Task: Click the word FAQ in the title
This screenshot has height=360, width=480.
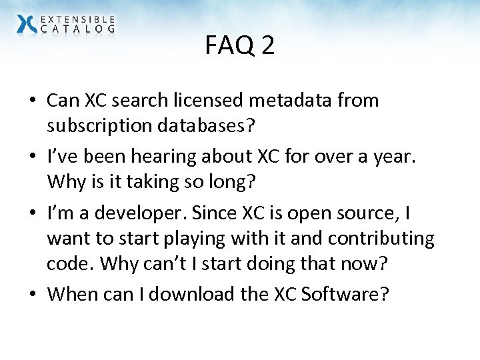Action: (x=226, y=46)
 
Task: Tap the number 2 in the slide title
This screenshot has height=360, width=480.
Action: (x=267, y=46)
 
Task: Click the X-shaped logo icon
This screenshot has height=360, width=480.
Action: (x=27, y=24)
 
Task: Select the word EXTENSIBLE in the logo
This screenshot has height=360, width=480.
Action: (x=77, y=20)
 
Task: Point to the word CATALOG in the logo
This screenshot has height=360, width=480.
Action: (x=77, y=29)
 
